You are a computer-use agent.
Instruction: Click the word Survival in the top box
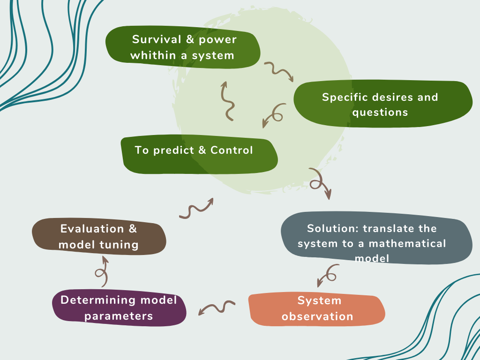click(x=155, y=39)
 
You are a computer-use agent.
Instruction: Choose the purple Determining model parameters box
click(x=119, y=308)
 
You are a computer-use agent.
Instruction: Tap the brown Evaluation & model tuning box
click(x=99, y=237)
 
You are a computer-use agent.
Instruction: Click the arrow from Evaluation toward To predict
click(x=196, y=209)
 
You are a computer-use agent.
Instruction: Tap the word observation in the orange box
click(x=317, y=316)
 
